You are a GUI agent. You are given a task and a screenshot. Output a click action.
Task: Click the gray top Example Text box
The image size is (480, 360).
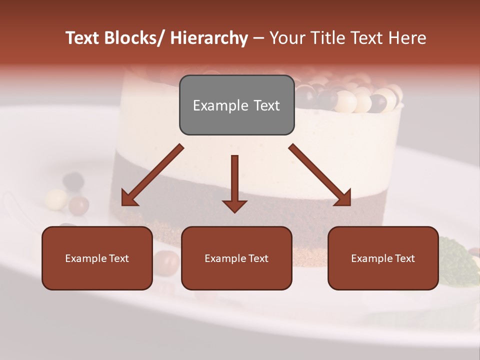coord(236,105)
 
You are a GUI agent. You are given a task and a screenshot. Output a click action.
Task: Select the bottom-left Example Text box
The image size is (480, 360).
coord(97,258)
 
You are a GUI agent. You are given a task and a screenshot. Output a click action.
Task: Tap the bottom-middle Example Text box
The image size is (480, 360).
coord(236,258)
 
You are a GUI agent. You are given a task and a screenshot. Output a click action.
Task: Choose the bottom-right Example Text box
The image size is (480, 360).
coord(383,258)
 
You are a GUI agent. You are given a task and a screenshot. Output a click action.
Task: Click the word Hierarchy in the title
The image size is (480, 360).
coord(209,38)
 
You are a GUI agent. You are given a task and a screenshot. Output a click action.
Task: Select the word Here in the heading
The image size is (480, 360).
coord(408,38)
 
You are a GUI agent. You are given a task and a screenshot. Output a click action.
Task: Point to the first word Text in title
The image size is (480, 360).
coord(83,38)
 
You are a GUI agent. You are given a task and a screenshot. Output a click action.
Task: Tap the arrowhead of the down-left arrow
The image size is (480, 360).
coord(129,198)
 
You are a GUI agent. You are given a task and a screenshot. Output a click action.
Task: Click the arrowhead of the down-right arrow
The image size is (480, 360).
coord(343,198)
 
